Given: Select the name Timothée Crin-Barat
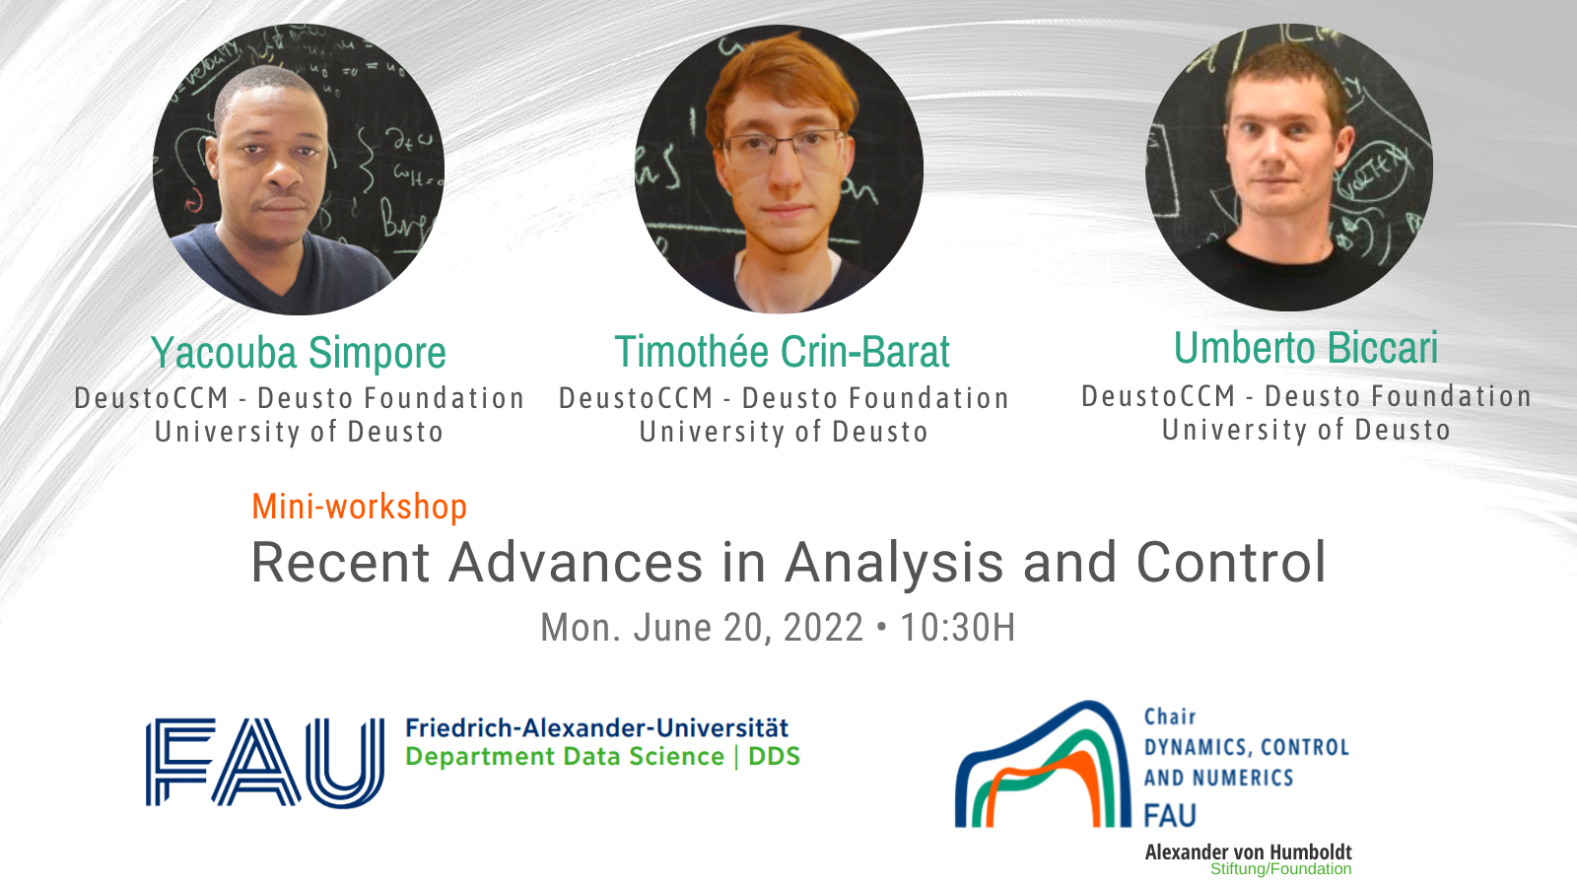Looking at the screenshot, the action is click(783, 351).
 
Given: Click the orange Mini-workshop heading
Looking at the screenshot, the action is click(360, 507).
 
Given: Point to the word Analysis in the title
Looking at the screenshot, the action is click(895, 563).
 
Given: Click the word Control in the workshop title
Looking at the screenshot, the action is click(1231, 562).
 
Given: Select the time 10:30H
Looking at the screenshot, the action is click(957, 627).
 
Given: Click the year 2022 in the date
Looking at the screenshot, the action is click(823, 627).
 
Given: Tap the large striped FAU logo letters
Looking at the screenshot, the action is click(265, 763).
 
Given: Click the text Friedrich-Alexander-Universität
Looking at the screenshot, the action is click(597, 727).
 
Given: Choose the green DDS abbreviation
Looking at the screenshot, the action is click(774, 757).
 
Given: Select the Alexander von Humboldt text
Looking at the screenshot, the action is click(1248, 852).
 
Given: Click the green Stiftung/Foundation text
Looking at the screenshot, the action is click(1280, 869).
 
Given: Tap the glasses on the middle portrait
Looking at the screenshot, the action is click(783, 147).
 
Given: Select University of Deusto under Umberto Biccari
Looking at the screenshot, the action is click(1306, 430).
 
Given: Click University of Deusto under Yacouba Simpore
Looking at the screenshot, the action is click(299, 433).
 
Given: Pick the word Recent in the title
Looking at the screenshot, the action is click(341, 563).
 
